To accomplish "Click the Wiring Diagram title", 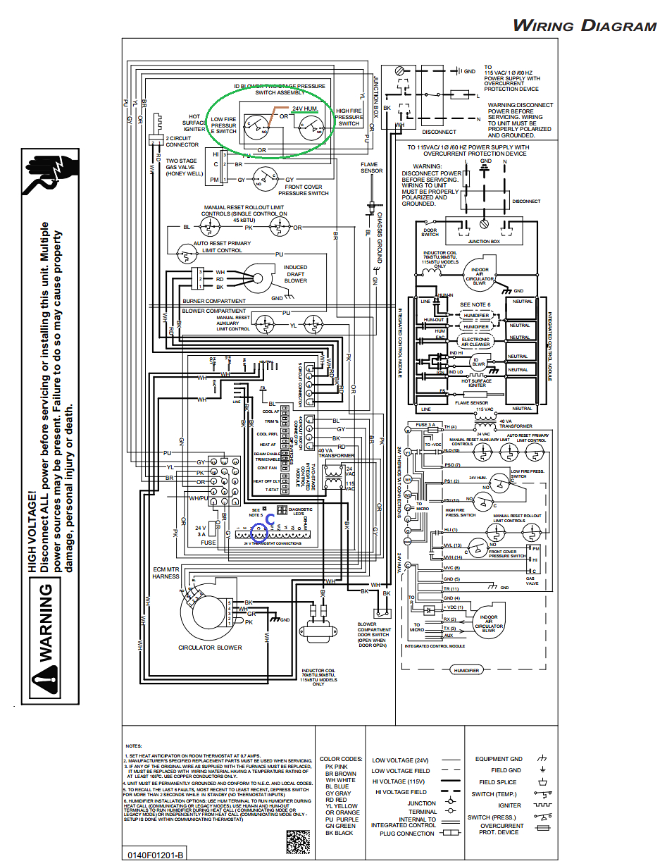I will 584,26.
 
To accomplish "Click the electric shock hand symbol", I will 45,173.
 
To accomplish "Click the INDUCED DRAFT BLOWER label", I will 296,273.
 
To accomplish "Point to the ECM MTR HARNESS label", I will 166,573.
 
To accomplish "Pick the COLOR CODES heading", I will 341,760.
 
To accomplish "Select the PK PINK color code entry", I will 336,767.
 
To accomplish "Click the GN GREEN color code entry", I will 340,826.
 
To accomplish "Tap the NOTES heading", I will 134,746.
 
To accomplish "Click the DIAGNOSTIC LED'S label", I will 300,512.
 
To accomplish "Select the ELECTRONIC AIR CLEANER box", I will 475,342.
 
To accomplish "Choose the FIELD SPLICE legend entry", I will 498,782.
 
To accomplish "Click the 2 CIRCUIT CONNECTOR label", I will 182,142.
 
